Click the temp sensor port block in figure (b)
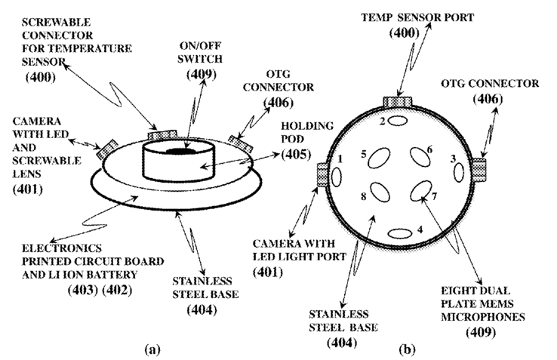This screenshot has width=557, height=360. click(395, 102)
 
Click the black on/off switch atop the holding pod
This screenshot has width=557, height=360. click(180, 151)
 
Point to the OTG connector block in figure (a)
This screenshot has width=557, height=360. click(240, 140)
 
